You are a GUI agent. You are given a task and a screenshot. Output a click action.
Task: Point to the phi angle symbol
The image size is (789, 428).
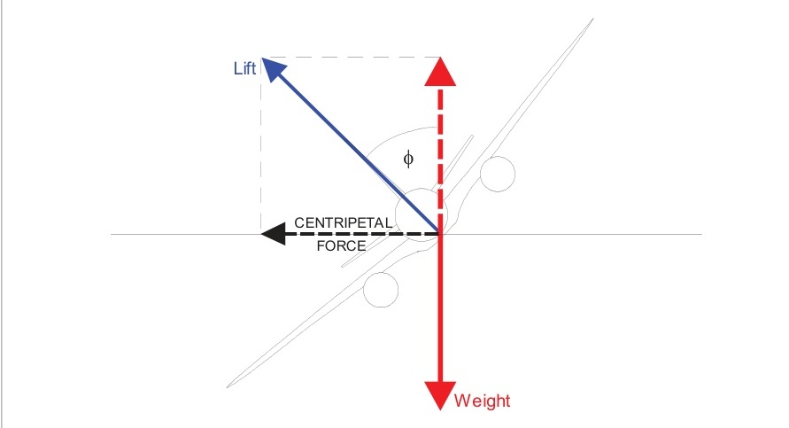pos(407,158)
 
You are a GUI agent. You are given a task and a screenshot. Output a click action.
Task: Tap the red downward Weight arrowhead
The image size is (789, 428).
pos(440,394)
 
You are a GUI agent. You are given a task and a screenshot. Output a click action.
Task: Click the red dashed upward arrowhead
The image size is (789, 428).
pos(440,72)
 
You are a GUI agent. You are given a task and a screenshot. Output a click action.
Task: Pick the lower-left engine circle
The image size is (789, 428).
pos(382,287)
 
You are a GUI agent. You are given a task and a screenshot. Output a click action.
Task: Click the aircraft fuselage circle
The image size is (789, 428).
pos(423,214)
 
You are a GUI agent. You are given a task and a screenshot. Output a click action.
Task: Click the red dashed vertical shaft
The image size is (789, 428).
pos(440,151)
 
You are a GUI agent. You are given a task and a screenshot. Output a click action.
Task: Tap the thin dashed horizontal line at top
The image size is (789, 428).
pos(354,58)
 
